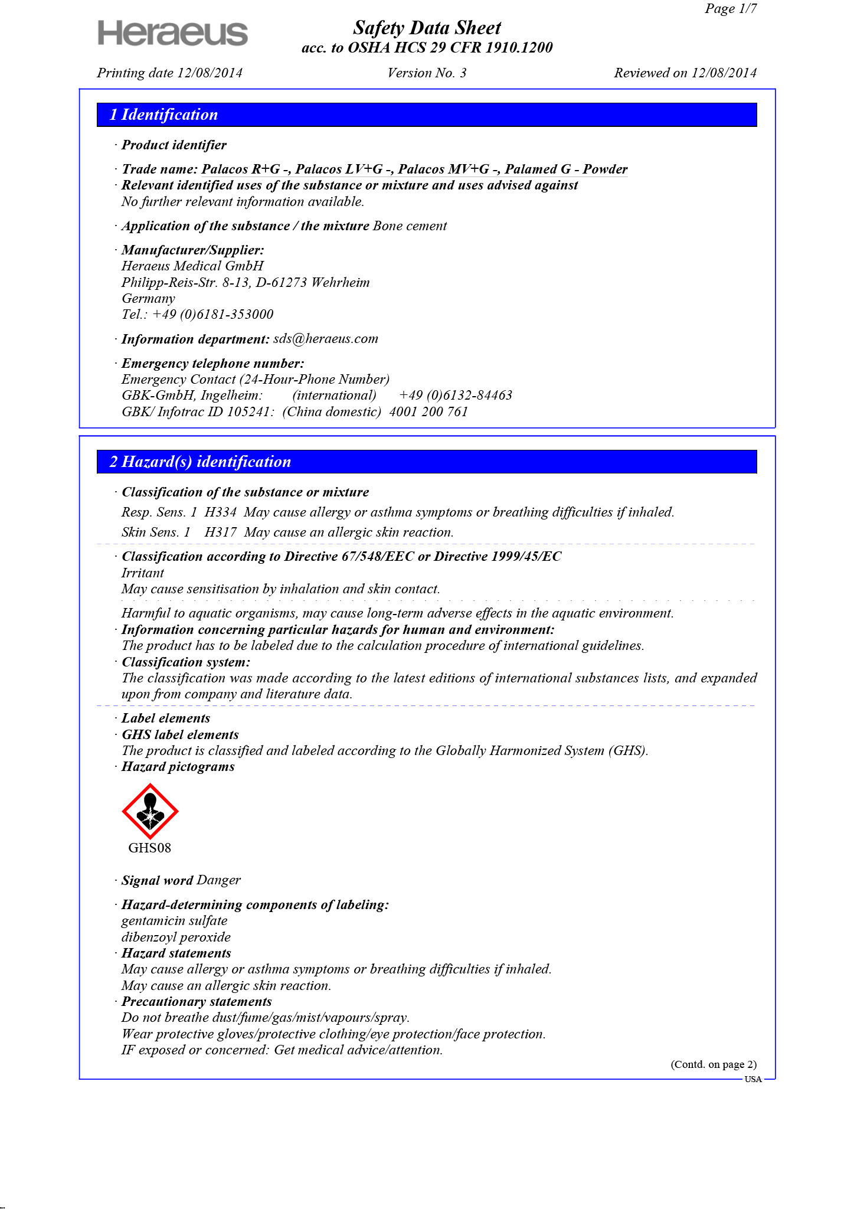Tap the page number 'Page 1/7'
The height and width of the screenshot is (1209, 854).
click(730, 8)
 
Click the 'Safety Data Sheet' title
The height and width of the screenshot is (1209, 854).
click(427, 28)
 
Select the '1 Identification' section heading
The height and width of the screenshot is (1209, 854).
click(163, 115)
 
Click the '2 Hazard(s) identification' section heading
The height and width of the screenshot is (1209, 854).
click(200, 462)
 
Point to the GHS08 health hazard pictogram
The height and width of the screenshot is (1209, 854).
click(150, 811)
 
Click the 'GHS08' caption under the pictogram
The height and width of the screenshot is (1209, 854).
click(150, 848)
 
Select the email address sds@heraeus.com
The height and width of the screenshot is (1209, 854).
click(326, 339)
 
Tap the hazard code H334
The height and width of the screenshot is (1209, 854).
click(220, 512)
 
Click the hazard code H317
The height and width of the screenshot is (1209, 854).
click(220, 532)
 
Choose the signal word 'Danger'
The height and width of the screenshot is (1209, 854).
click(218, 880)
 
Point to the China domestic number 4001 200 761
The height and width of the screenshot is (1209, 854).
click(428, 412)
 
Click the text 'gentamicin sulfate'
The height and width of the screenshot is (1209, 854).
click(174, 921)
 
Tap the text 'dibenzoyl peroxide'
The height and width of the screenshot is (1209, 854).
click(176, 937)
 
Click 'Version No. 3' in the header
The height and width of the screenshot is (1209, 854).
click(427, 73)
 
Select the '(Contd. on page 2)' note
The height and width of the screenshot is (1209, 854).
click(713, 1064)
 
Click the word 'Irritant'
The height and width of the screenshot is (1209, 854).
click(143, 573)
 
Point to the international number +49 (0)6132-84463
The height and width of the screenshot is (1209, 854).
click(456, 396)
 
